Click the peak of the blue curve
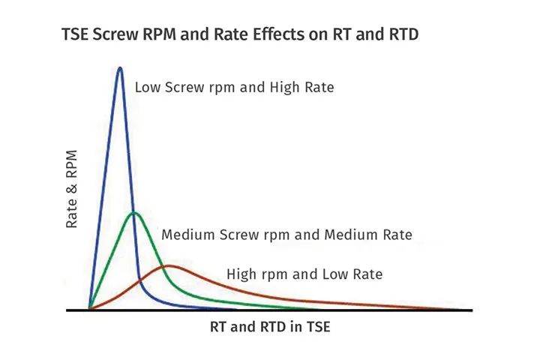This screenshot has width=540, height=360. (120, 68)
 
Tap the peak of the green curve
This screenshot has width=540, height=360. (134, 213)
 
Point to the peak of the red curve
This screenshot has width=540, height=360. (169, 265)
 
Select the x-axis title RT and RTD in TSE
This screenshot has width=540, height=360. (271, 328)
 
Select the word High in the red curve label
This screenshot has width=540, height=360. (242, 274)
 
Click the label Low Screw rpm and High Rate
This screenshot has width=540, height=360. (234, 88)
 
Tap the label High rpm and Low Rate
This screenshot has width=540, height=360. (304, 274)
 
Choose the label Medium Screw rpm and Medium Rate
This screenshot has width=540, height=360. (286, 235)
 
